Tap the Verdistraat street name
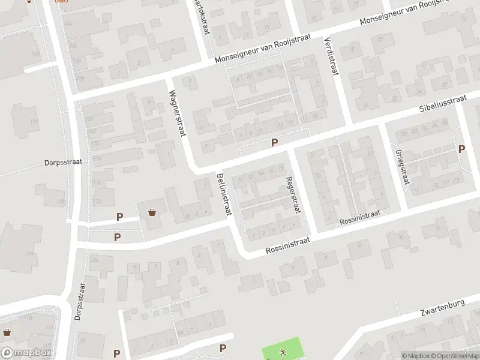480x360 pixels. click(329, 55)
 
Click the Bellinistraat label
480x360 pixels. click(224, 194)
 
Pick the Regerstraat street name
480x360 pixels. click(292, 193)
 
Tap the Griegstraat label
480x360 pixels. click(402, 166)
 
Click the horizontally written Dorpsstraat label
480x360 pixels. click(63, 162)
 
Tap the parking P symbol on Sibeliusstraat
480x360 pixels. click(275, 143)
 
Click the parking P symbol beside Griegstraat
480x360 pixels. click(461, 149)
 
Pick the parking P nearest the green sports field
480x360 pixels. click(223, 348)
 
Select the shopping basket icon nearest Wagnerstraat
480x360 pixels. click(152, 212)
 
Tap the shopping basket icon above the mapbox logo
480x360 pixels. click(7, 332)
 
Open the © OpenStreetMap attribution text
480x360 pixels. click(454, 356)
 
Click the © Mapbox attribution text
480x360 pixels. click(416, 356)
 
